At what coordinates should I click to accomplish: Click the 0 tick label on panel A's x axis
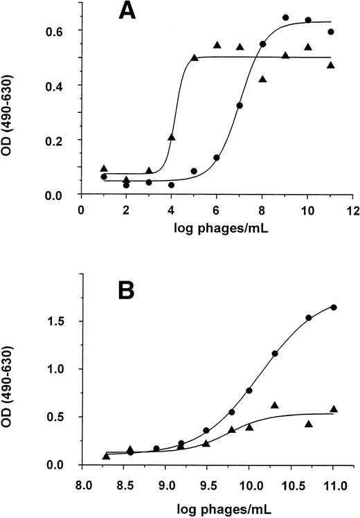pos(81,211)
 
